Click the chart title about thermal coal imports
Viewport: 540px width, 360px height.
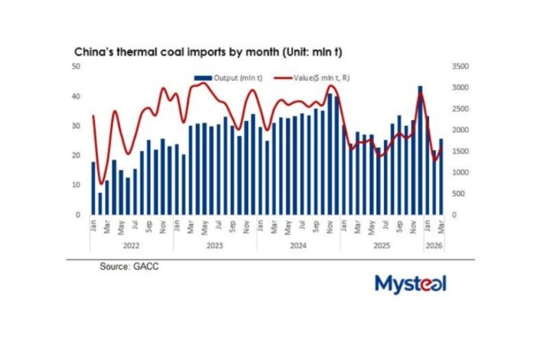click(208, 53)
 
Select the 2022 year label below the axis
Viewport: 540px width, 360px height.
click(131, 246)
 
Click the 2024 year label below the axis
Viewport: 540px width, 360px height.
click(298, 246)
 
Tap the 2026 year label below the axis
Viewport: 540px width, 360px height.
click(434, 246)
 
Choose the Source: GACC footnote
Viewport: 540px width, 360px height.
click(129, 266)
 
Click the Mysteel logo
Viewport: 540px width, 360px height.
click(410, 284)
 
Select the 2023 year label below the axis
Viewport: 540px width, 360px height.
click(215, 246)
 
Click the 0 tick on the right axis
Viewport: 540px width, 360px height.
click(454, 215)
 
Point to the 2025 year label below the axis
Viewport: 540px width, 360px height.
click(382, 246)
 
